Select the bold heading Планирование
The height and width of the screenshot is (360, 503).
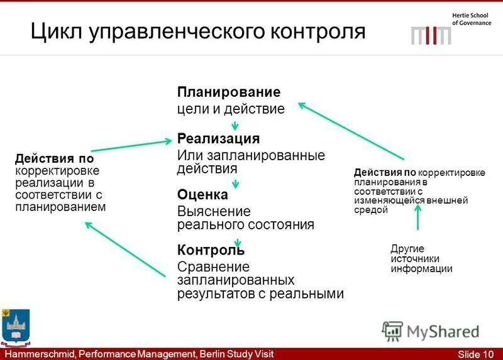(228, 92)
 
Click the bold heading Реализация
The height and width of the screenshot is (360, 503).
(218, 138)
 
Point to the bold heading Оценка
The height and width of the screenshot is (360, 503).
(202, 195)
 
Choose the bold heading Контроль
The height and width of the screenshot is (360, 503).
(210, 251)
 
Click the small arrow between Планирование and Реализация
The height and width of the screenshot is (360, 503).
(235, 126)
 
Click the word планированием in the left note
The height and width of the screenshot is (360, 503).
(60, 207)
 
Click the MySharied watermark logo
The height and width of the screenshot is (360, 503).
(431, 331)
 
